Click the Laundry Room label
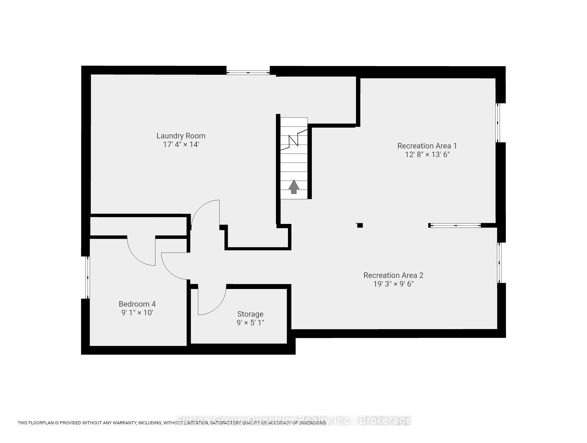click(181, 136)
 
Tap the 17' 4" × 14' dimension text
click(181, 145)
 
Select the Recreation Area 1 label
click(427, 146)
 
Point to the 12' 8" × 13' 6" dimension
click(427, 155)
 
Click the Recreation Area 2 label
click(393, 275)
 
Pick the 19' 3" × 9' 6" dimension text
click(393, 284)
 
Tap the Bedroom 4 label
click(137, 304)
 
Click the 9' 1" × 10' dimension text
click(137, 313)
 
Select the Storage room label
click(250, 314)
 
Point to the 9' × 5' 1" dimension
click(250, 323)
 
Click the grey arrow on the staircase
click(294, 187)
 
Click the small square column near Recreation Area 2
click(360, 225)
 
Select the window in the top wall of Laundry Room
click(248, 72)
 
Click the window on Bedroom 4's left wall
click(88, 277)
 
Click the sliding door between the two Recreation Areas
click(455, 225)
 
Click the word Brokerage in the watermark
click(385, 421)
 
